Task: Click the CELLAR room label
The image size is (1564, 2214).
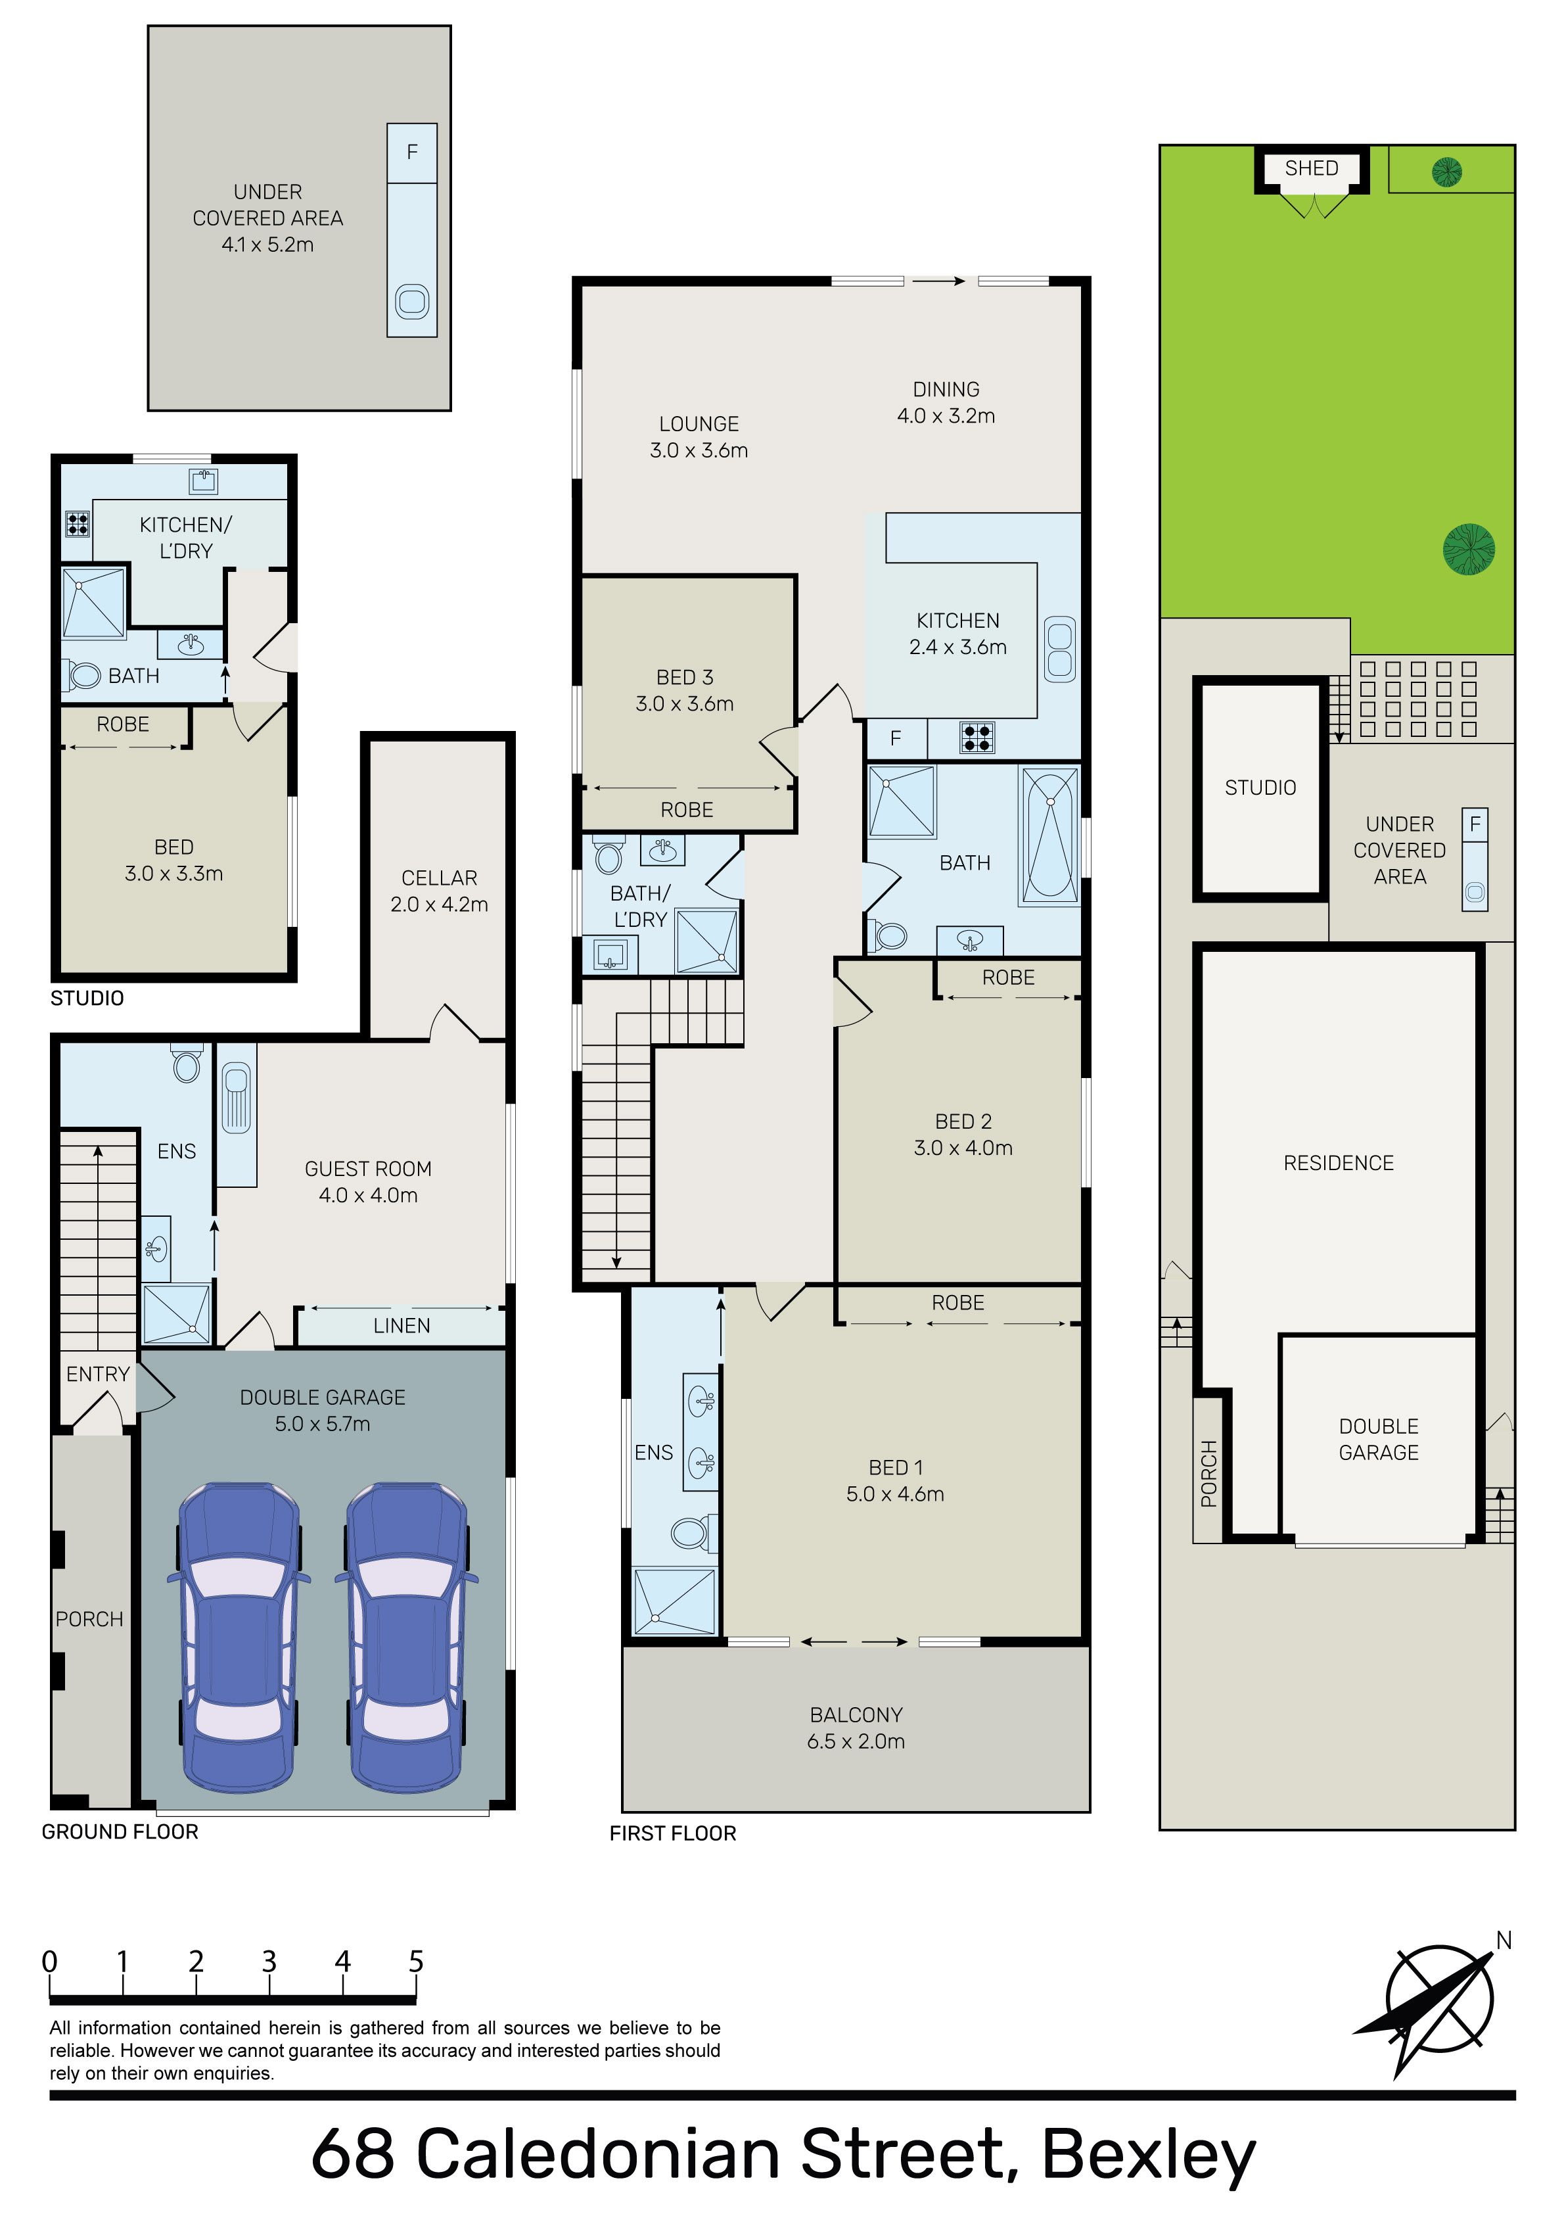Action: tap(439, 878)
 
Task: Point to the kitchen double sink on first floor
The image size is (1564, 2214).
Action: tap(1060, 649)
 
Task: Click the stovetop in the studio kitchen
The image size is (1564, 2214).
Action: tap(76, 524)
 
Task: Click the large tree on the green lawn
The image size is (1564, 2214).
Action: tap(1469, 549)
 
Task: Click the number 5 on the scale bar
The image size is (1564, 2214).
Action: tap(415, 1962)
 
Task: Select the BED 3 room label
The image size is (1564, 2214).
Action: tap(685, 677)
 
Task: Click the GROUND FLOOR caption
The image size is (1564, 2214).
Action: tap(120, 1831)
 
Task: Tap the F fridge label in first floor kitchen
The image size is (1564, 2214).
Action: tap(896, 739)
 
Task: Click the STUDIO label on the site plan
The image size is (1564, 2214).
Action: tap(1260, 788)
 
